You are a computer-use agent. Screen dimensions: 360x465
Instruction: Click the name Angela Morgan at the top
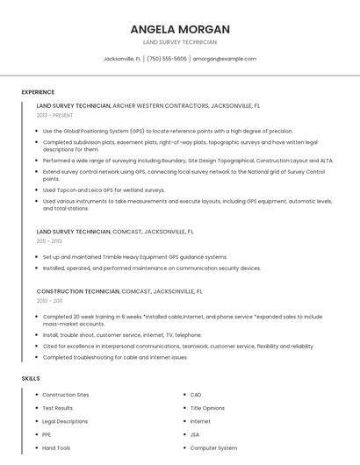click(x=179, y=28)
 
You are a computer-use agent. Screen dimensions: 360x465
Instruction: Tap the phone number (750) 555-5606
click(x=167, y=59)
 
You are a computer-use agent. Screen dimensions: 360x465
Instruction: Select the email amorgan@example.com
click(x=225, y=59)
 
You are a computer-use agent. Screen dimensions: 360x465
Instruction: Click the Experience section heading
click(x=38, y=92)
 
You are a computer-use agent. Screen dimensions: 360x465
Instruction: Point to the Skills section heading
click(x=31, y=378)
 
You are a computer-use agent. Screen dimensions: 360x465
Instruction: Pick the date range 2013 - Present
click(x=54, y=115)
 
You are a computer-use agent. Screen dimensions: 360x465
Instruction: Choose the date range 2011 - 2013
click(x=49, y=240)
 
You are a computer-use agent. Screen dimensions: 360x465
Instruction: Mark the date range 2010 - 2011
click(x=49, y=300)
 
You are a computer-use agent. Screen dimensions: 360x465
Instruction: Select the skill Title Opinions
click(x=207, y=408)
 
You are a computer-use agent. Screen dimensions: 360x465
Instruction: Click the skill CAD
click(x=196, y=395)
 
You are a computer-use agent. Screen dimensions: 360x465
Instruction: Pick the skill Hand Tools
click(x=56, y=447)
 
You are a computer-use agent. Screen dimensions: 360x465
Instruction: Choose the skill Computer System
click(x=213, y=447)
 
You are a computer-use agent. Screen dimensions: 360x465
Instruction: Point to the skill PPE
click(x=47, y=434)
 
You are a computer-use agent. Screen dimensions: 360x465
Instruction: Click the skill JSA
click(x=195, y=434)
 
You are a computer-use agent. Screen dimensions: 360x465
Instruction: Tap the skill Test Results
click(x=58, y=408)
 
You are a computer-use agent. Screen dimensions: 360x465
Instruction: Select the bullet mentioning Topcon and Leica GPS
click(x=104, y=190)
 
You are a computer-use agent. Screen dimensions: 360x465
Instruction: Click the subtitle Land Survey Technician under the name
click(x=179, y=42)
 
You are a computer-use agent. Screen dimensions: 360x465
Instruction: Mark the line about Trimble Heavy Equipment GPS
click(x=134, y=257)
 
